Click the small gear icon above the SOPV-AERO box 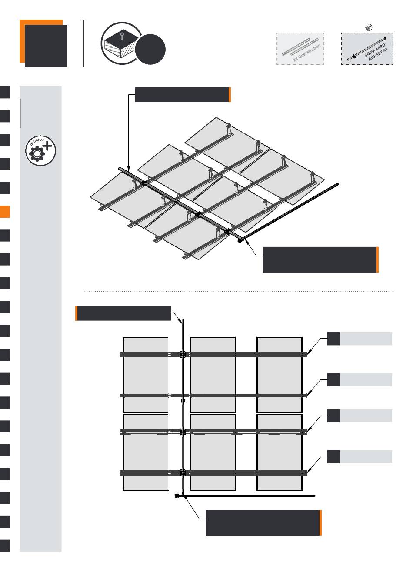pos(368,27)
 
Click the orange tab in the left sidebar pos(5,212)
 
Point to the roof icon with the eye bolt pos(120,43)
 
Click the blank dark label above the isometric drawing pos(182,95)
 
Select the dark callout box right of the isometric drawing pos(320,259)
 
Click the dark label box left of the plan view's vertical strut pos(123,313)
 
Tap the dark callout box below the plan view pos(263,523)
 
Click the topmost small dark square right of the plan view pos(333,339)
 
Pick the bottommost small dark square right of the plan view pos(333,457)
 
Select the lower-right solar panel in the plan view pos(279,452)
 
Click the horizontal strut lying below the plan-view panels pos(248,495)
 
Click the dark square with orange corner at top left pos(43,43)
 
